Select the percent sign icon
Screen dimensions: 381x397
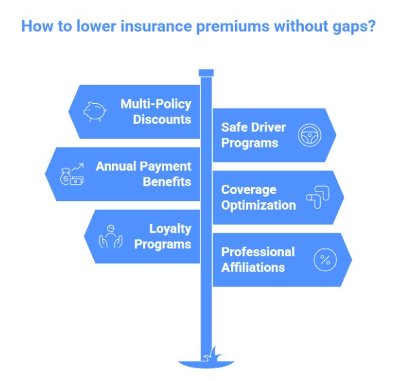click(x=324, y=260)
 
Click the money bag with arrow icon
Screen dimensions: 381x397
click(x=72, y=174)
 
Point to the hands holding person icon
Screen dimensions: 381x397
click(x=111, y=237)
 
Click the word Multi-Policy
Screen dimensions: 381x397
click(x=155, y=104)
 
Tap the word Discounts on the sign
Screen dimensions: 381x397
click(x=162, y=119)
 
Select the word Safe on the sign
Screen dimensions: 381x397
click(x=234, y=127)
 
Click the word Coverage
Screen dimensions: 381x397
click(x=248, y=189)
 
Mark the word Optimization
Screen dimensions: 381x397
click(x=258, y=205)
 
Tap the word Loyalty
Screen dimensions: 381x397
click(x=170, y=229)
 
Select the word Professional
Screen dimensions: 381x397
click(x=258, y=252)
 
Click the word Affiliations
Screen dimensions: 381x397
click(x=253, y=267)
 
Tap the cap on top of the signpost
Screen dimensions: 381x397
click(x=206, y=72)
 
